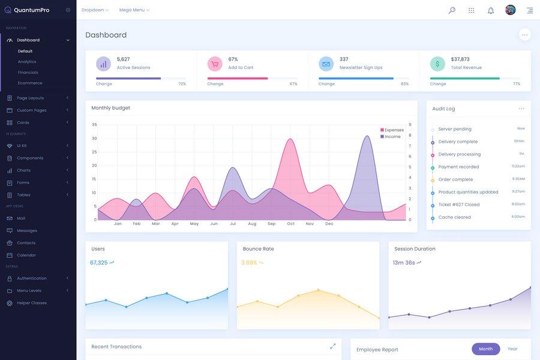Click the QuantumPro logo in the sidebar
tap(27, 10)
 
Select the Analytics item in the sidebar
tap(27, 62)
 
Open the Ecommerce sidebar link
tap(30, 83)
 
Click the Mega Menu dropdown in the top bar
tap(134, 10)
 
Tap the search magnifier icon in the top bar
tap(452, 10)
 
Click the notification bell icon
tap(491, 10)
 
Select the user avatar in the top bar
tap(511, 10)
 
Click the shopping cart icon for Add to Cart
tap(215, 64)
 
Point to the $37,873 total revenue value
tap(460, 59)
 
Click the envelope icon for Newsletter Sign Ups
tap(326, 64)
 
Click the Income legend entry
tap(391, 137)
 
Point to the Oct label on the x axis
tap(291, 224)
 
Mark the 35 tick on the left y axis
tap(94, 125)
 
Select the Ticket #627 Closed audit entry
tap(459, 205)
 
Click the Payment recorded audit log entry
tap(458, 167)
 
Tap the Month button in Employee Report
tap(485, 349)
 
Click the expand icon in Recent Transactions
tap(333, 346)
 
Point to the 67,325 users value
tap(99, 263)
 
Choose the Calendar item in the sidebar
tap(26, 255)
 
